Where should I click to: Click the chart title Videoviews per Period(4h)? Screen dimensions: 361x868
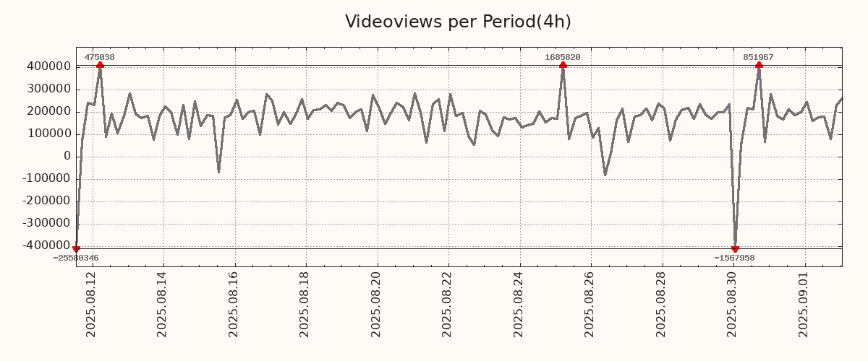[458, 22]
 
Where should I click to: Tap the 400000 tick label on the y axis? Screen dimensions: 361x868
[48, 66]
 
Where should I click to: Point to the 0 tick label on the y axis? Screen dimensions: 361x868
[67, 157]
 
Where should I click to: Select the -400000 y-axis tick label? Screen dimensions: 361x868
[45, 246]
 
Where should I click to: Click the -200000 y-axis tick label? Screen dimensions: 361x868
[45, 201]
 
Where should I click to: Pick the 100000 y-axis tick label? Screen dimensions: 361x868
[48, 134]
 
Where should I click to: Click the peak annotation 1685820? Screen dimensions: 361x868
[562, 57]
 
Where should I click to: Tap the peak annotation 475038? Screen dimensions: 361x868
[99, 57]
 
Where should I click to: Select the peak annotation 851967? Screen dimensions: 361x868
[758, 57]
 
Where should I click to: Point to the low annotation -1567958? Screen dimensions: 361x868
[734, 258]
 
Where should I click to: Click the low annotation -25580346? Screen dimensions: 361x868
[76, 258]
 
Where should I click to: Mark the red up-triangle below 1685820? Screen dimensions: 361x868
[563, 65]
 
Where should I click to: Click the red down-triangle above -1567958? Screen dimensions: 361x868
[735, 249]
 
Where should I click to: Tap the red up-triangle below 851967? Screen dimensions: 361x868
[759, 65]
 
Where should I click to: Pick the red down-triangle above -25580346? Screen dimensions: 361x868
[76, 249]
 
